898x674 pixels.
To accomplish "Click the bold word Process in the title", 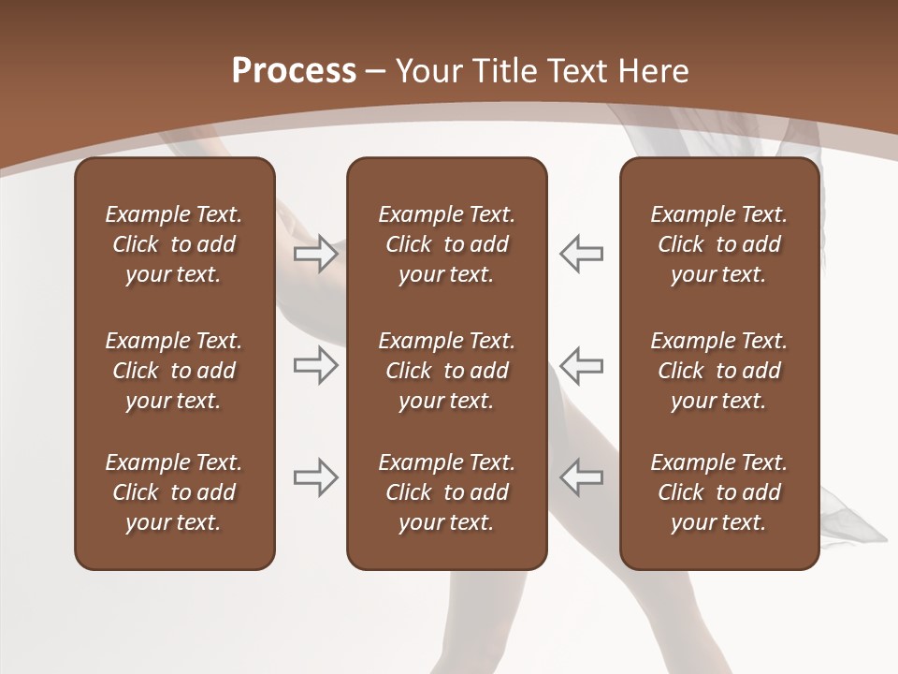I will click(x=294, y=71).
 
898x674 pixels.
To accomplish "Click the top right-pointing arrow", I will click(x=316, y=254).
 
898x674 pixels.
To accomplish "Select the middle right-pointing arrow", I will click(x=316, y=365).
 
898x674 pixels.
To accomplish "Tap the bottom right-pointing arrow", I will click(x=316, y=477).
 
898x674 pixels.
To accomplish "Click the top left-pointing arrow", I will click(x=582, y=254).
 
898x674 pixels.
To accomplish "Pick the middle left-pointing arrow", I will click(x=582, y=365).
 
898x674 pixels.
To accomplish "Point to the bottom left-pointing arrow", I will click(x=582, y=477).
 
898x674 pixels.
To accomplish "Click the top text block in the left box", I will click(x=174, y=244).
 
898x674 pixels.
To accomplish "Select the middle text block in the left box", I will click(x=174, y=371).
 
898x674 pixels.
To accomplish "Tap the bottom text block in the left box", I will click(x=174, y=492).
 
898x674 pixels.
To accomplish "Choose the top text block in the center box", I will click(x=446, y=244).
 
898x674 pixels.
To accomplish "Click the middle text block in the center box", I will click(x=446, y=371).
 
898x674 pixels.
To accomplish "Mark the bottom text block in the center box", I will click(x=446, y=492).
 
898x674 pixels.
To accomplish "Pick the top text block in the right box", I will click(x=718, y=244).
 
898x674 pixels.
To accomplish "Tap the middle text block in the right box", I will click(x=718, y=371).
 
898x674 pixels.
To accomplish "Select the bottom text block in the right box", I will click(x=718, y=492).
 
